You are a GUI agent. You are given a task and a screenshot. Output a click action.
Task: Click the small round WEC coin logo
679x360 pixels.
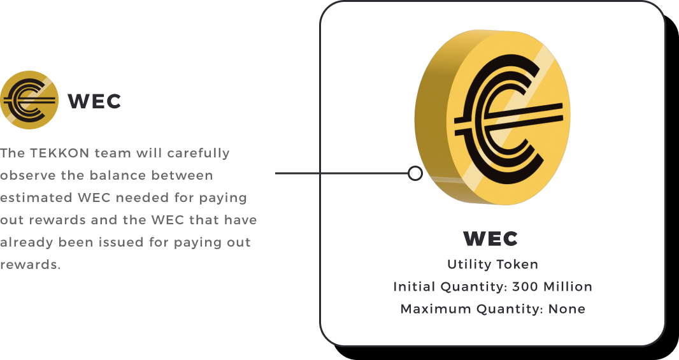click(x=29, y=100)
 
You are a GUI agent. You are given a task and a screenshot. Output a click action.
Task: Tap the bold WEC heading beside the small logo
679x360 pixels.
click(x=94, y=101)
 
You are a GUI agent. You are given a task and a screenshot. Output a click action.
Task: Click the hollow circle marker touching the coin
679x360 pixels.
click(x=415, y=173)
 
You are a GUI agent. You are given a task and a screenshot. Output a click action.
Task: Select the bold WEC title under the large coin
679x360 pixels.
click(x=490, y=239)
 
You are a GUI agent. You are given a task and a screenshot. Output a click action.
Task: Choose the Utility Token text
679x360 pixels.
click(x=492, y=264)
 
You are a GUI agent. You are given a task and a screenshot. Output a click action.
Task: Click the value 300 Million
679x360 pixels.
click(x=552, y=287)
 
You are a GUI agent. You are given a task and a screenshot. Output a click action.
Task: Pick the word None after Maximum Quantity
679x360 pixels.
click(x=566, y=309)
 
